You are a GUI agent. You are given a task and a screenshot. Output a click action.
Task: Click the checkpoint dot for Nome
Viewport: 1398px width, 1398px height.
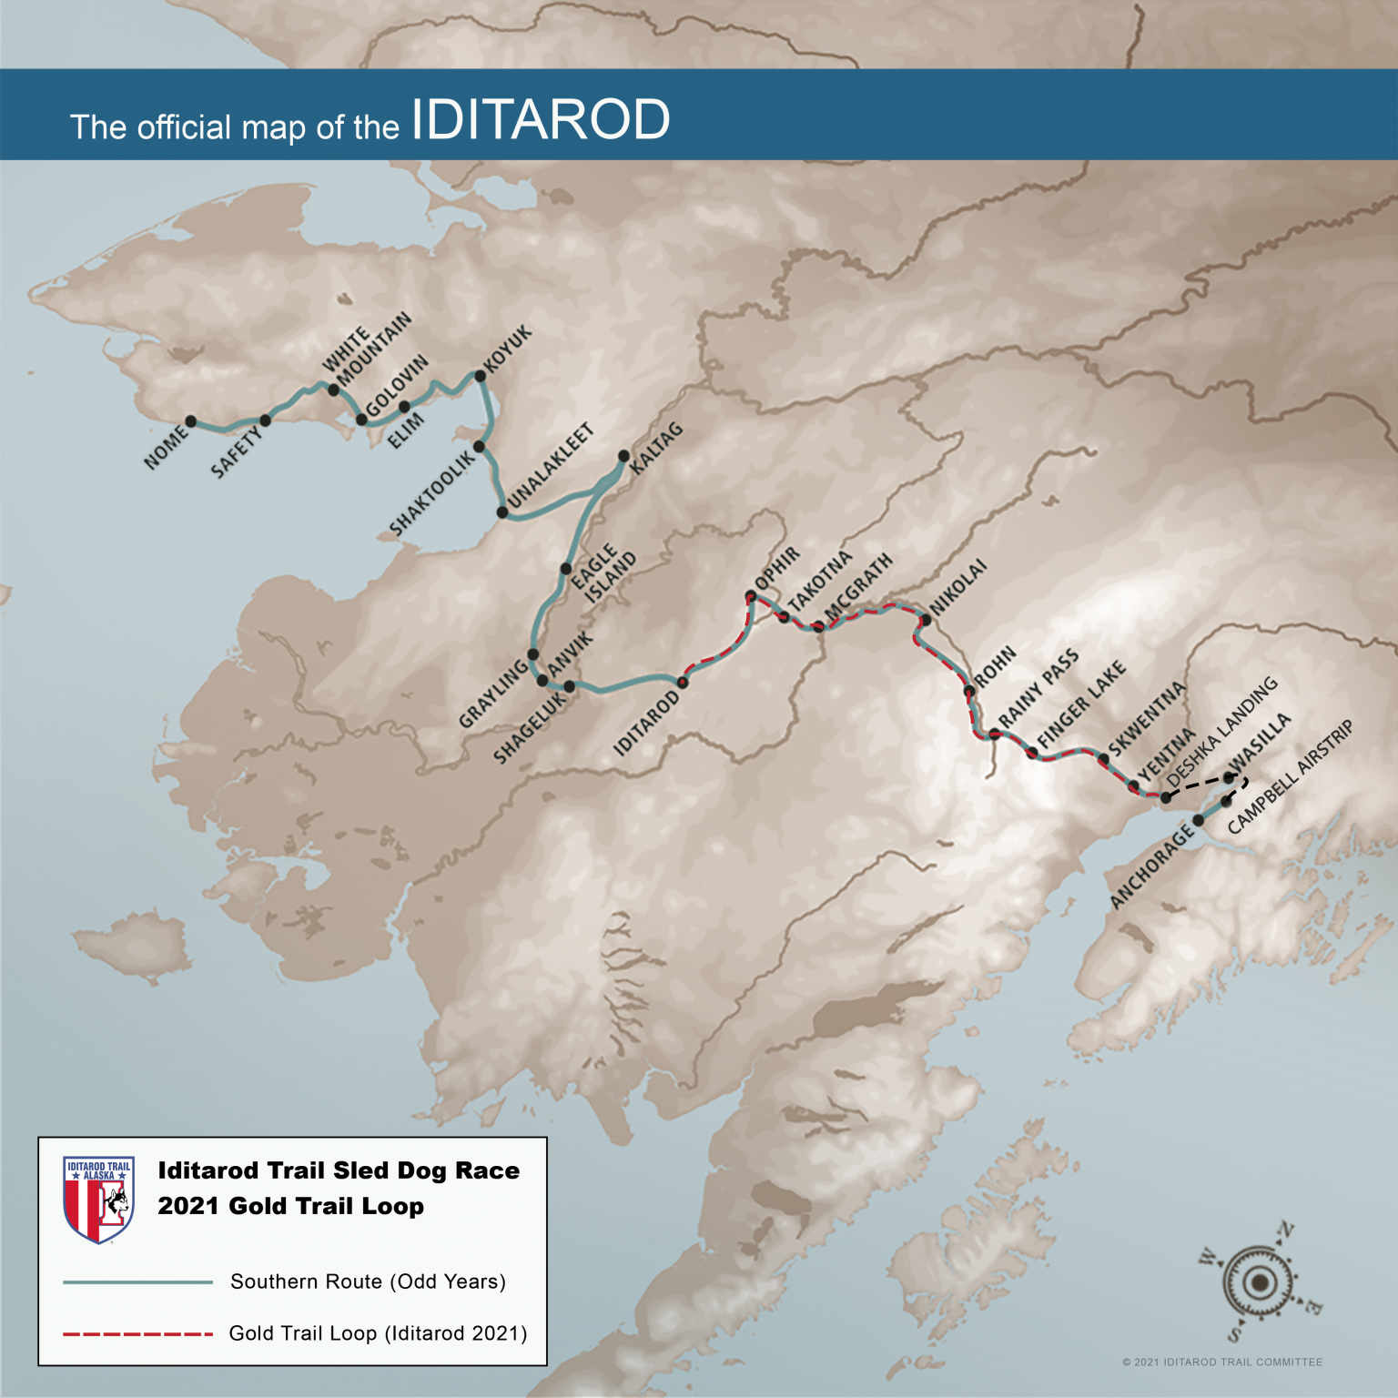[191, 421]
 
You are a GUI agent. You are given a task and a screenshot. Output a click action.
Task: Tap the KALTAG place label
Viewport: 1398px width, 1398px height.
[655, 448]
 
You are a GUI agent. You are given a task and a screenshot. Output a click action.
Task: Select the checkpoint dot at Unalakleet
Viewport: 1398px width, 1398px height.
[502, 512]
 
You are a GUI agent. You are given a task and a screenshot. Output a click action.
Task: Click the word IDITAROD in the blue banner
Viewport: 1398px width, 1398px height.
[541, 120]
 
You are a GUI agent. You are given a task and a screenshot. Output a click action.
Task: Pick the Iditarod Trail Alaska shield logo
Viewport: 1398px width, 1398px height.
[99, 1200]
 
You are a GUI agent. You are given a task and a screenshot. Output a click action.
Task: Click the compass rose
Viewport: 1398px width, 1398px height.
[1260, 1282]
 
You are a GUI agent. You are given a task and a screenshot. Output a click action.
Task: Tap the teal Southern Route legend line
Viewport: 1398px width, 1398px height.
[137, 1282]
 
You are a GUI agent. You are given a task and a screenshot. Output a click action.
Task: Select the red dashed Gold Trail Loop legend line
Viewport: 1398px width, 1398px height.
[137, 1334]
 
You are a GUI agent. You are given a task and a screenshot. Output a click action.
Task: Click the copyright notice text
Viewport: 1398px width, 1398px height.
[1222, 1363]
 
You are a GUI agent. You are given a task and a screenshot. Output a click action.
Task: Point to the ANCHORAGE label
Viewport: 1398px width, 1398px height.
[1151, 865]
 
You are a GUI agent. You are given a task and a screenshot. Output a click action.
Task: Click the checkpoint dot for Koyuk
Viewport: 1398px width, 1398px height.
[480, 376]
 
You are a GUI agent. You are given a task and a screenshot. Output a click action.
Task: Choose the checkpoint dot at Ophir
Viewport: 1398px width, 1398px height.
[751, 596]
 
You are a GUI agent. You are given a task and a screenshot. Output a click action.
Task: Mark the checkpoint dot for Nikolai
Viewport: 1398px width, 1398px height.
[926, 621]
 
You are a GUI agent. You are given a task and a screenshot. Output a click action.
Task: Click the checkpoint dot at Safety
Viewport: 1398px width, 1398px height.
[265, 420]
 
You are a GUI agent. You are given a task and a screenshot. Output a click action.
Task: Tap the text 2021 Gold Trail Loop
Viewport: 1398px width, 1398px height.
[290, 1207]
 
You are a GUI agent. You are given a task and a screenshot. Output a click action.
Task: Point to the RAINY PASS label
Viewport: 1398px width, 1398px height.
[1038, 688]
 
